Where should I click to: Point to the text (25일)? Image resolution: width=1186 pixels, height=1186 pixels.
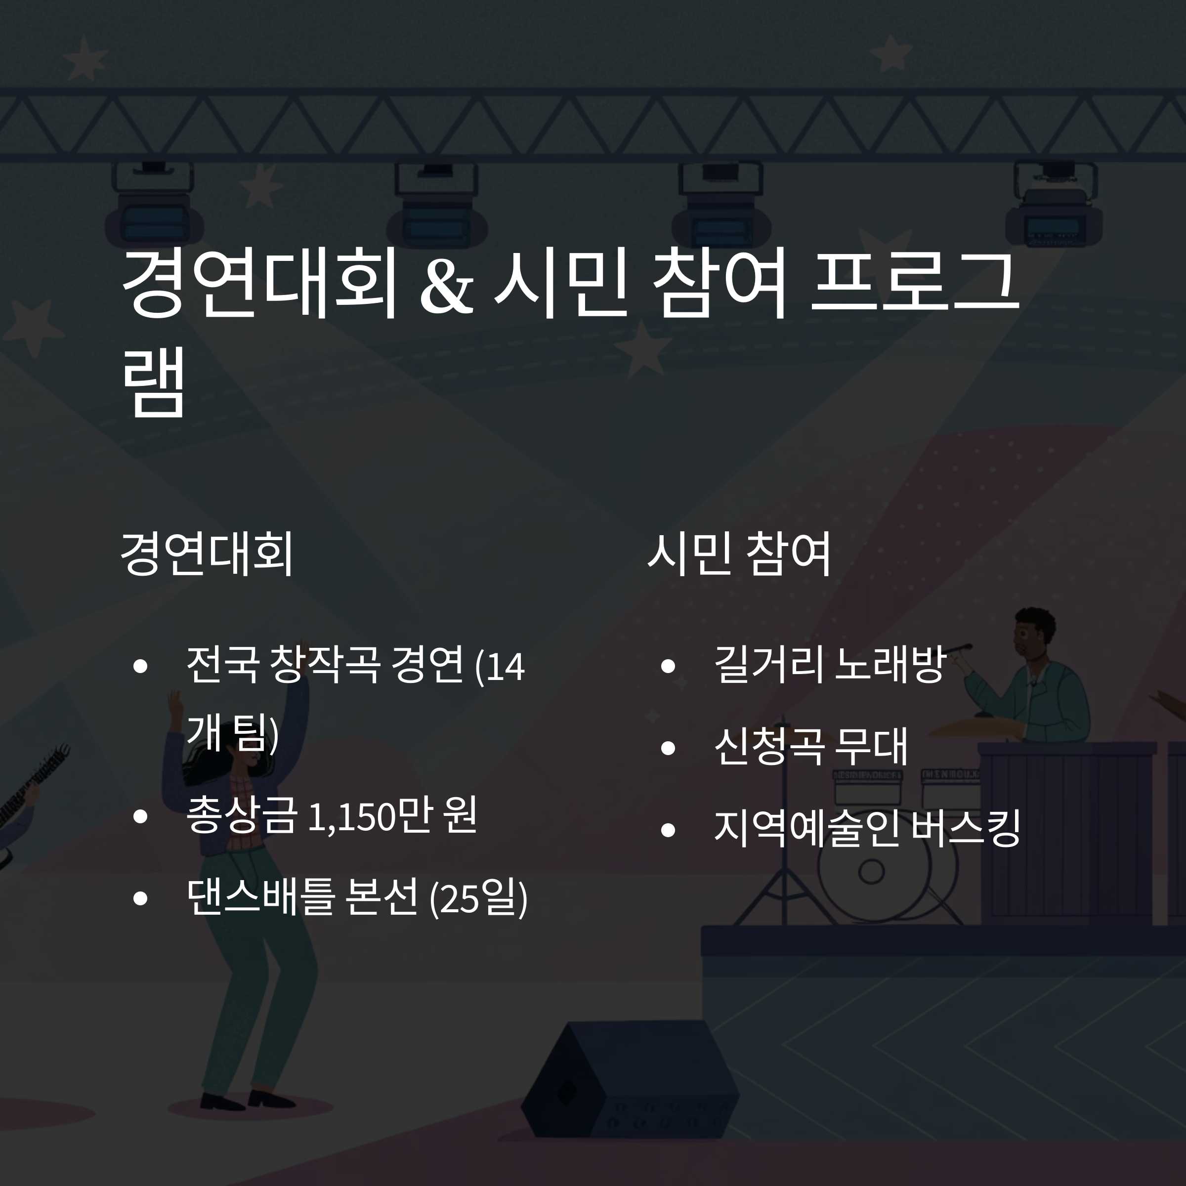(x=478, y=898)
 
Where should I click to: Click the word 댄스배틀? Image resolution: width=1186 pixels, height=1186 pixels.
(x=260, y=897)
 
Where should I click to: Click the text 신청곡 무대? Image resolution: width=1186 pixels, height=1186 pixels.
(x=810, y=747)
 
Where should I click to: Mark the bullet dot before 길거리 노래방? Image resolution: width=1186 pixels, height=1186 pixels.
(x=668, y=666)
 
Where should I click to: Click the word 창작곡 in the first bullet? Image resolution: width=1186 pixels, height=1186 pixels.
(x=325, y=665)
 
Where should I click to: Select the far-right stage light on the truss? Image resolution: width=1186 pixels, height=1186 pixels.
(x=1054, y=206)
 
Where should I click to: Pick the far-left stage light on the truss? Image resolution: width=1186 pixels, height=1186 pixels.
(x=154, y=206)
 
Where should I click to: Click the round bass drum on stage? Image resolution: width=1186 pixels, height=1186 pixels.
(x=872, y=871)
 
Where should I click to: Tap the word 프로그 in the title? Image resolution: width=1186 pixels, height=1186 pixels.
(x=915, y=282)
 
